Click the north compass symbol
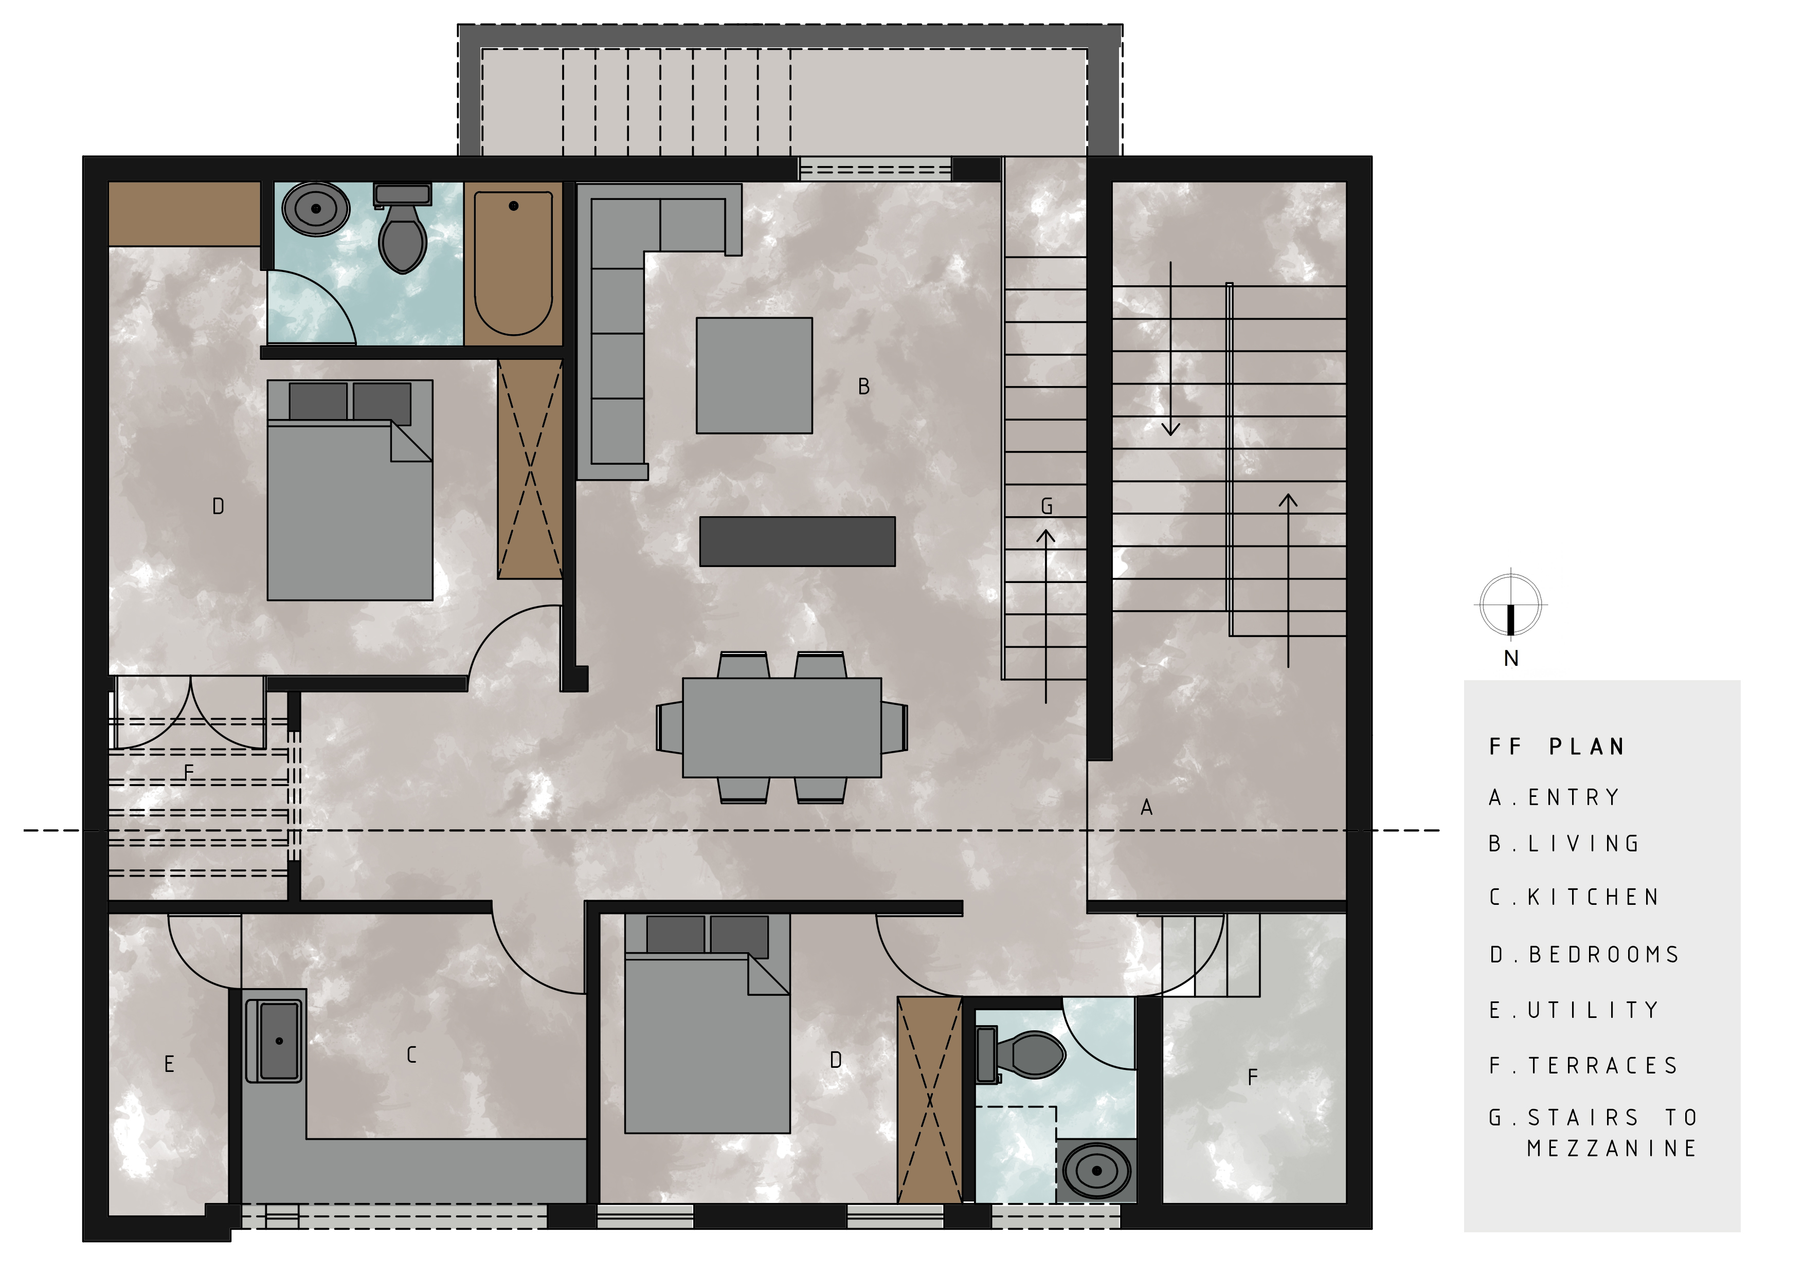(1509, 606)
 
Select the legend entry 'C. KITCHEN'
(1574, 897)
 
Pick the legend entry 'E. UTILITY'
(1574, 1010)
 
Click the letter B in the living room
(863, 387)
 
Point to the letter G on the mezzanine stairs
(1047, 507)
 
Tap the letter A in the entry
(1146, 807)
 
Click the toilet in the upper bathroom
(402, 232)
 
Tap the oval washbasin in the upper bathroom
(316, 209)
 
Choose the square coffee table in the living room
(753, 375)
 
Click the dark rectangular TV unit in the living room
(797, 541)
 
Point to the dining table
(782, 727)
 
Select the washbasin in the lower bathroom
(1096, 1171)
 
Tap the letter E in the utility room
(169, 1064)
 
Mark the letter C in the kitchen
(411, 1055)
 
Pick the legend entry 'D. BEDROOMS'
(1584, 955)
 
